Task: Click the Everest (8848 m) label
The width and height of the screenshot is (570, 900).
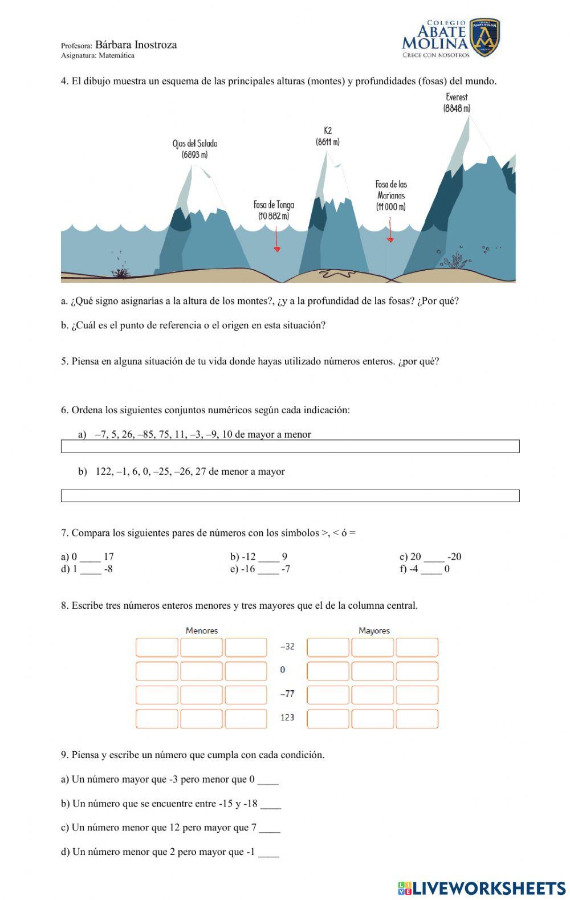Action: point(457,103)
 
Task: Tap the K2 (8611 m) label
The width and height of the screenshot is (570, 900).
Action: point(327,136)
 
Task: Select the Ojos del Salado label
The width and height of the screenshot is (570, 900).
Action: point(194,149)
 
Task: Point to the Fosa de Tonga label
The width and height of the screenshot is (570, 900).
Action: point(274,210)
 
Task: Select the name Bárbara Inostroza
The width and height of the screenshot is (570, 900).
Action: point(136,45)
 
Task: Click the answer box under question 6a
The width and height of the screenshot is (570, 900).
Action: point(290,446)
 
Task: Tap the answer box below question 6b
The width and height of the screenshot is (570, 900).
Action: point(290,496)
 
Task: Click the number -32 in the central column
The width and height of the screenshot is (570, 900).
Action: point(287,646)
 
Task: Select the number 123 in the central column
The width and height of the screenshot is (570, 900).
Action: point(287,717)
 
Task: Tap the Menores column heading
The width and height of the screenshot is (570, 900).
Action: point(202,630)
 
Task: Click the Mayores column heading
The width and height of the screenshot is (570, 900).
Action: point(374,630)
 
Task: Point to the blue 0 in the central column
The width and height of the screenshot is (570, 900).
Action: point(283,670)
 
